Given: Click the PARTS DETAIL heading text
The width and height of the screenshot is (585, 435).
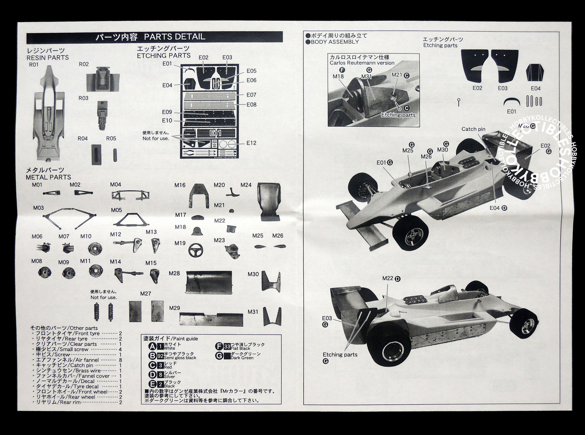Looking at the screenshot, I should (174, 37).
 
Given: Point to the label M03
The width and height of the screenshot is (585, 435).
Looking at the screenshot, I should (38, 208).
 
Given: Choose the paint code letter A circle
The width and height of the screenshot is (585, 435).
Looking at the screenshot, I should (152, 346).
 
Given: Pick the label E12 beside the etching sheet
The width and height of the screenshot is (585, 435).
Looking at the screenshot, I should (251, 143).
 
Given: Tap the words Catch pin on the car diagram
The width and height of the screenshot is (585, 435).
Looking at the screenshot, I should (473, 129).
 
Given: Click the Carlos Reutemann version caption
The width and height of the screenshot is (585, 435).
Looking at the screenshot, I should (362, 63).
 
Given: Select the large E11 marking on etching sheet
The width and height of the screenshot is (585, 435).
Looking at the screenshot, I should (216, 133).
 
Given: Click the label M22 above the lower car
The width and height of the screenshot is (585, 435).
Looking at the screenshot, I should (388, 278).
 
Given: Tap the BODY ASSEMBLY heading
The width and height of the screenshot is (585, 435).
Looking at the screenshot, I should (335, 42).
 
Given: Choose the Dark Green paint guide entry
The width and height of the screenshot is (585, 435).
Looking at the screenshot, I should (242, 358).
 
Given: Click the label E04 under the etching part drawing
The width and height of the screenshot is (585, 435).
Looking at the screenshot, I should (535, 88).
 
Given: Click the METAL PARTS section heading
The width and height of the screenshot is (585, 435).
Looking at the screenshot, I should (48, 177).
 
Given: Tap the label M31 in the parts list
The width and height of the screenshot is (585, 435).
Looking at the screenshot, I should (253, 311).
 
